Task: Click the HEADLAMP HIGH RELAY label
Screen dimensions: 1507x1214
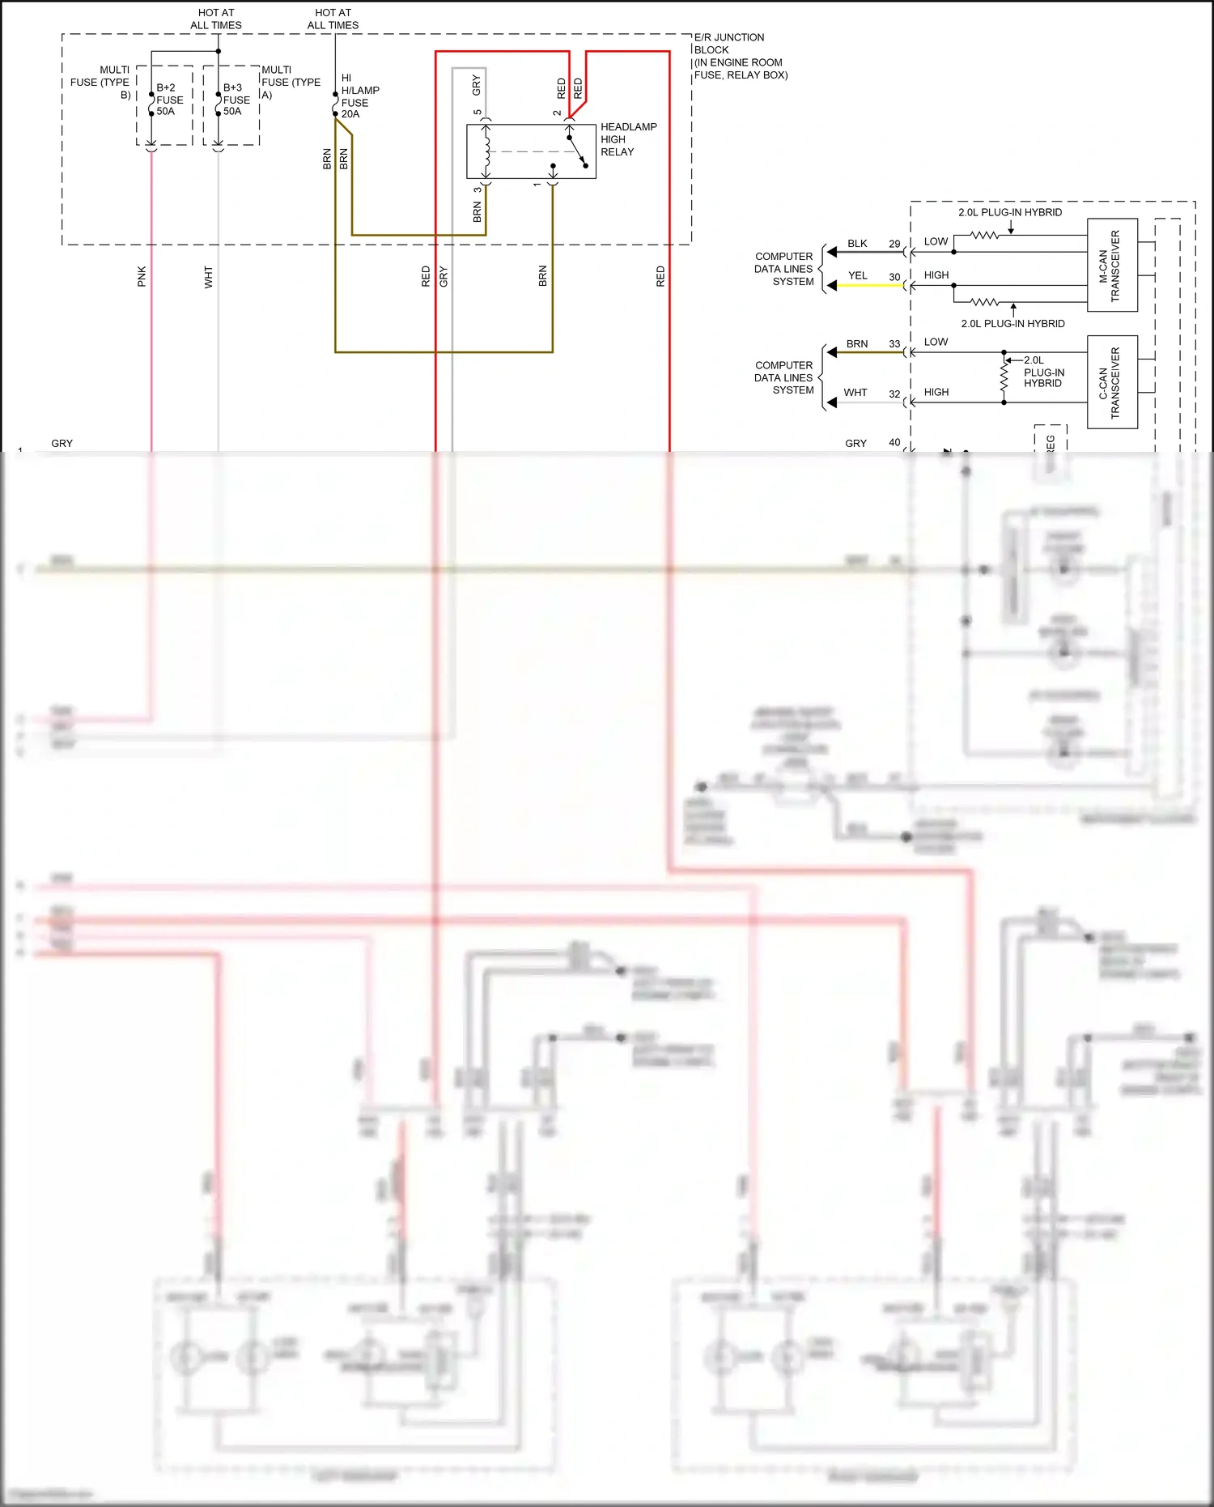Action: tap(628, 139)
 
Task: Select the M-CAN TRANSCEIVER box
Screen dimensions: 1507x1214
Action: tap(1112, 265)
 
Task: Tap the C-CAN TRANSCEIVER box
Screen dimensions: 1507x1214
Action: tap(1112, 382)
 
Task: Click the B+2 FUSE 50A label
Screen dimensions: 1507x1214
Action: tap(169, 100)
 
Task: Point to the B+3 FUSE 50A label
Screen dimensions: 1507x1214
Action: tap(236, 100)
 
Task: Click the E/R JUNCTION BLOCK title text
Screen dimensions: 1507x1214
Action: tap(728, 44)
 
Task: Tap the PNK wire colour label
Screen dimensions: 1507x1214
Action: tap(142, 276)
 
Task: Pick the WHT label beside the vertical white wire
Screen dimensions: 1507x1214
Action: tap(208, 277)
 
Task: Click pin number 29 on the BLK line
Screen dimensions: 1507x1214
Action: tap(894, 244)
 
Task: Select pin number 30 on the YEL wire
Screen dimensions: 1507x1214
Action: tap(894, 277)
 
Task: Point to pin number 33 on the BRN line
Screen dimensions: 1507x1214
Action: tap(894, 344)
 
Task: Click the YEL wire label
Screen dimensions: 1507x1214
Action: tap(857, 276)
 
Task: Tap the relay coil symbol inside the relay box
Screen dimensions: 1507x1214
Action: tap(486, 151)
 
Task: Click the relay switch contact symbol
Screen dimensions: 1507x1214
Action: tap(577, 151)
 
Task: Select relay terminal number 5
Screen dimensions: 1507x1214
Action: tap(478, 113)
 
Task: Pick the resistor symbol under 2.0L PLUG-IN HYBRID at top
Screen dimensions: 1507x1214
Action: tap(984, 236)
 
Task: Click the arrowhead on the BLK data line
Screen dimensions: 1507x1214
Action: tap(832, 253)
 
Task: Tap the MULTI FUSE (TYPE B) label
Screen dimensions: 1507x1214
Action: tap(101, 83)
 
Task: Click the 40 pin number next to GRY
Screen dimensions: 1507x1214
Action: tap(894, 443)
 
